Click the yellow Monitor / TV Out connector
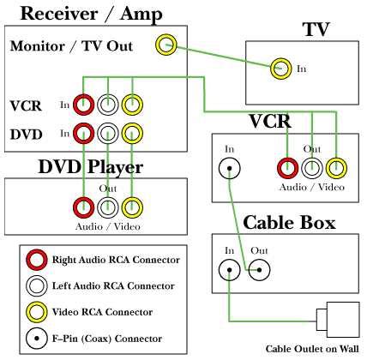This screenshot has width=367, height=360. tap(165, 45)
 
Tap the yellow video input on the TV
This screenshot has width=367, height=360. tap(280, 68)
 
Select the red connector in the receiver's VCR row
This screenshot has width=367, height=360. tap(83, 105)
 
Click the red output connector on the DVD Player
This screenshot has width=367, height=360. tap(83, 207)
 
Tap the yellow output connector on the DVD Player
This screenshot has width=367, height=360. tap(131, 207)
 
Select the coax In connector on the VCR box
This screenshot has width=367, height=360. tap(230, 169)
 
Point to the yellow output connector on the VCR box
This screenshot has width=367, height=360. tap(337, 169)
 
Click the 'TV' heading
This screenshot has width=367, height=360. tap(316, 30)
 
